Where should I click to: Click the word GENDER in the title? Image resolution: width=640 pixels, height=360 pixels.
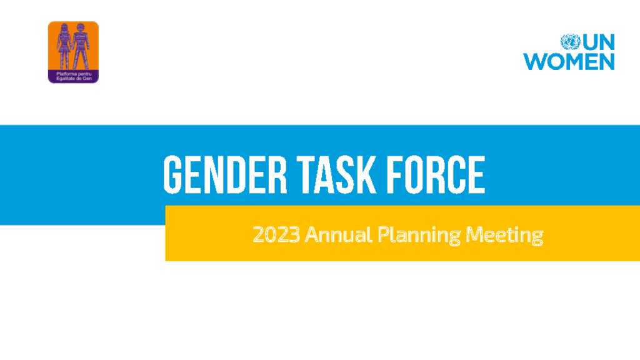click(225, 175)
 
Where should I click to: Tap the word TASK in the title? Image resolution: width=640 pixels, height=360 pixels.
click(336, 175)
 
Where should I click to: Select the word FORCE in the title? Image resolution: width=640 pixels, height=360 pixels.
click(436, 175)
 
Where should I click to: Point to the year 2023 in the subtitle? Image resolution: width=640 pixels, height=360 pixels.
click(276, 235)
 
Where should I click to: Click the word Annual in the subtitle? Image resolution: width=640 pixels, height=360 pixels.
click(338, 235)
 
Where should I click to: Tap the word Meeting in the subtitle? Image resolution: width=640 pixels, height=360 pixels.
click(504, 236)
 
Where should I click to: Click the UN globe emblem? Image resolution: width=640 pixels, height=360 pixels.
click(570, 42)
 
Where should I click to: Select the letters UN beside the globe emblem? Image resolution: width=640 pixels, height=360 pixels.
click(598, 42)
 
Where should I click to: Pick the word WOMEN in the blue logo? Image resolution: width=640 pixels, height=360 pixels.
click(569, 62)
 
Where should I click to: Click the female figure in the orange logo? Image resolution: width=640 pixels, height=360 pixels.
click(64, 46)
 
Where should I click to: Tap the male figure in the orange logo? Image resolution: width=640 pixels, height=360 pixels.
click(81, 46)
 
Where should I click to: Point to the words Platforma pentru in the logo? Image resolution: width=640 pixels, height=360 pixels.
click(74, 74)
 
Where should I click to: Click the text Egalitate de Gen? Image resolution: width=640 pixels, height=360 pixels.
click(74, 78)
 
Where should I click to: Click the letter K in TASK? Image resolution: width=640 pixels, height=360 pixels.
click(367, 175)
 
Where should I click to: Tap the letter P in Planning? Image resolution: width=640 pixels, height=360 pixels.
click(383, 235)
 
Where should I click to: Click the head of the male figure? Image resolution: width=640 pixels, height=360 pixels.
click(81, 27)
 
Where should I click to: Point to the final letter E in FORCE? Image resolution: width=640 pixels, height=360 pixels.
click(477, 175)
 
